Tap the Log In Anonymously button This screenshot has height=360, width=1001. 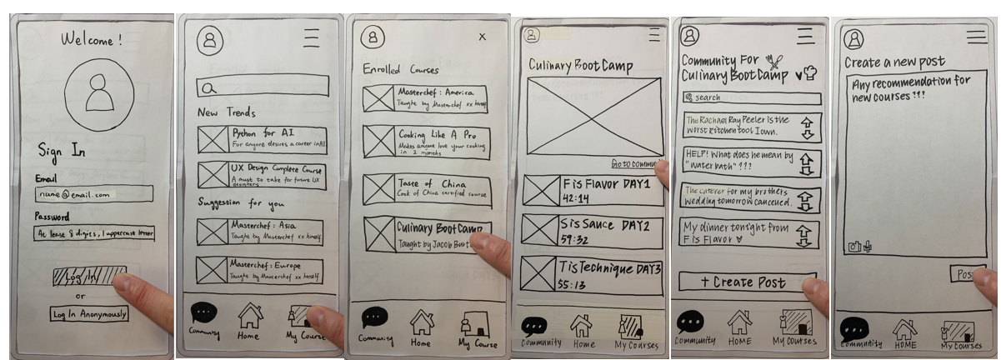point(89,314)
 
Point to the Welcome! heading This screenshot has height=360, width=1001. point(91,39)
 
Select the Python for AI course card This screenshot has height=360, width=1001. point(262,138)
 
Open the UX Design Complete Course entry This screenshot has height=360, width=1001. point(262,175)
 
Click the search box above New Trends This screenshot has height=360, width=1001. point(263,86)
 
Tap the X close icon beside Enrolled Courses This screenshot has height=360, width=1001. point(482,37)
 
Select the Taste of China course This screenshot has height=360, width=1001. point(427,189)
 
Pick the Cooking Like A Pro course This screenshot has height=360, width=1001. point(427,141)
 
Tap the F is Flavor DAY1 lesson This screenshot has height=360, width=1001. point(593,191)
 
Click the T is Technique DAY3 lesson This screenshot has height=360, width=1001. point(593,274)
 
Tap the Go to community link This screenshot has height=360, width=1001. point(635,164)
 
